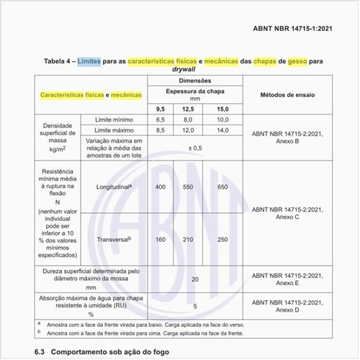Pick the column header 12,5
189,108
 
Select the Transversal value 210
189,239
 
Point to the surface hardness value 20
194,278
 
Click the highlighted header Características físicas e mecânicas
91,95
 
